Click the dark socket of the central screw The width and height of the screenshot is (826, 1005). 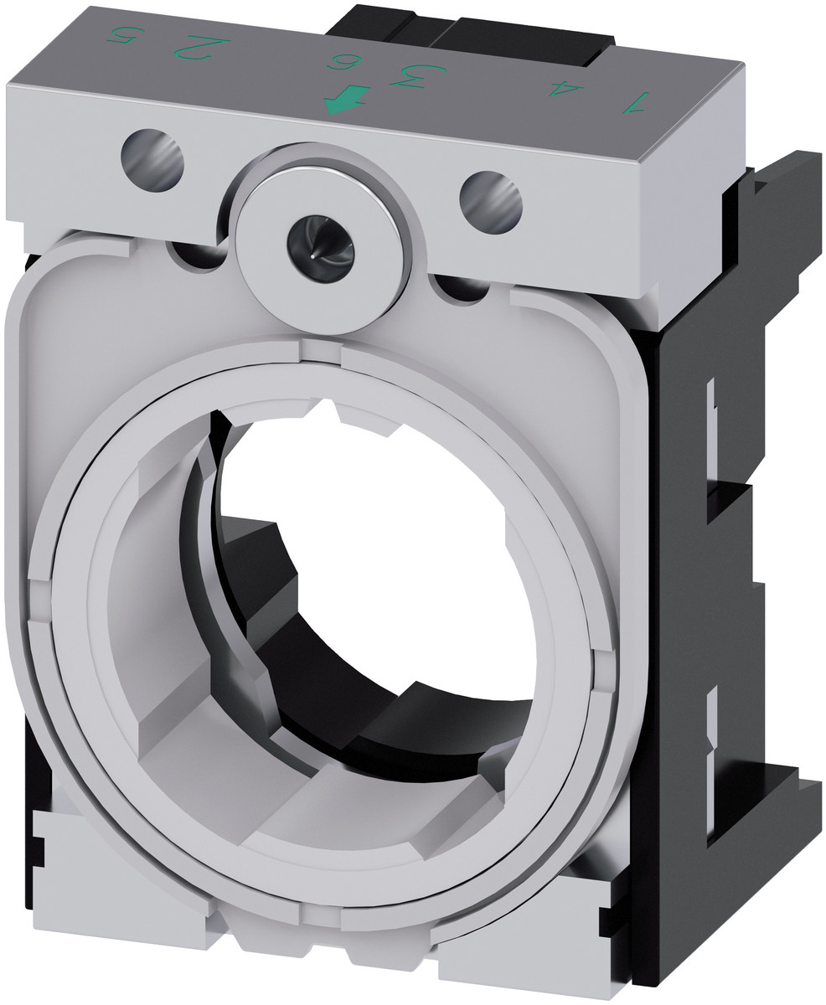321,240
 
